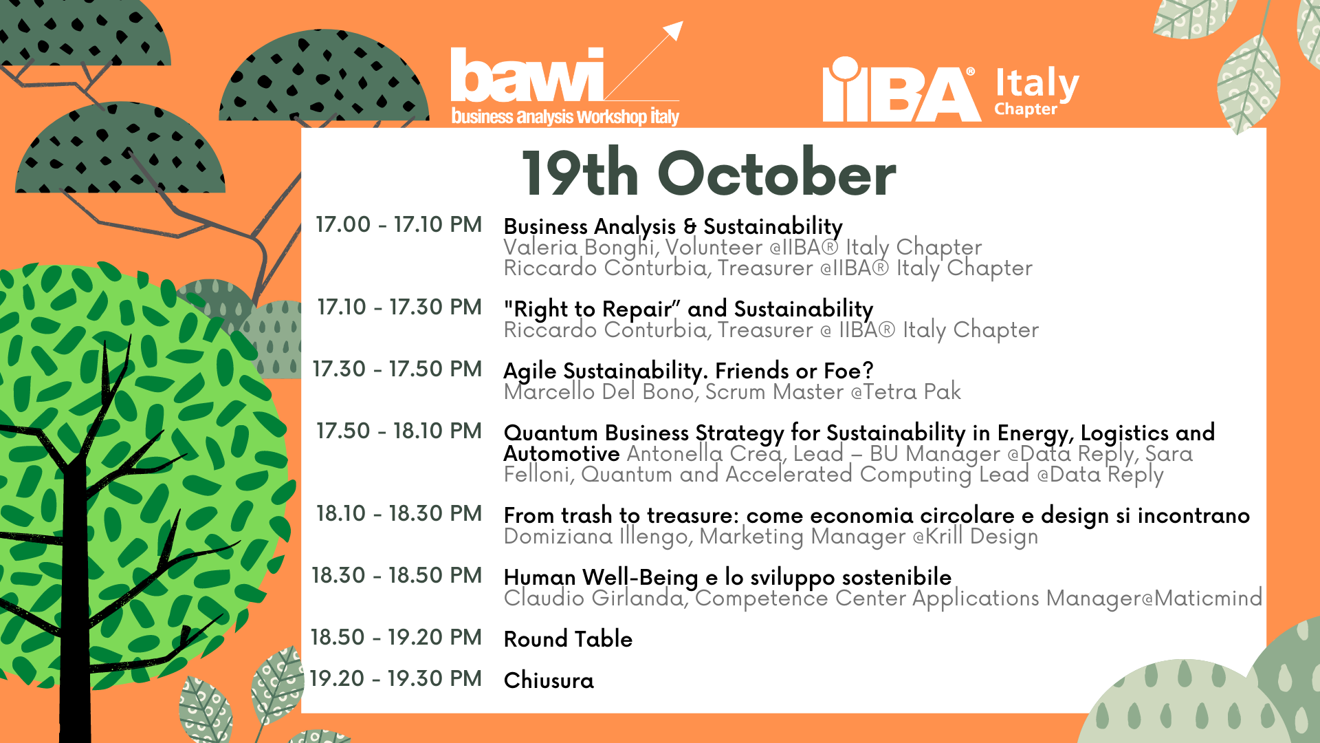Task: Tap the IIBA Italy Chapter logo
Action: tap(951, 89)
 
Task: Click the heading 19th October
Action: tap(709, 173)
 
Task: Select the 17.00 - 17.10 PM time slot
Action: tap(399, 224)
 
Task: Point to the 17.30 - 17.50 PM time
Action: tap(397, 369)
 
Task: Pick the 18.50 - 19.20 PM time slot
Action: tap(396, 637)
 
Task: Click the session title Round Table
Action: tap(568, 639)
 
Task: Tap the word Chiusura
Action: tap(549, 680)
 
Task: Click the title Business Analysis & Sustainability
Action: tap(673, 226)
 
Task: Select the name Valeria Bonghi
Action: tap(578, 247)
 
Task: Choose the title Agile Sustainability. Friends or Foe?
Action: tap(688, 371)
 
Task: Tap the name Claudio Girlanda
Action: tap(594, 598)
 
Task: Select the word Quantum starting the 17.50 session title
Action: tap(551, 433)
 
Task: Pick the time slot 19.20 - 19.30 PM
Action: tap(396, 678)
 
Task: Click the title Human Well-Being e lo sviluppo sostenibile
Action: tap(727, 577)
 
